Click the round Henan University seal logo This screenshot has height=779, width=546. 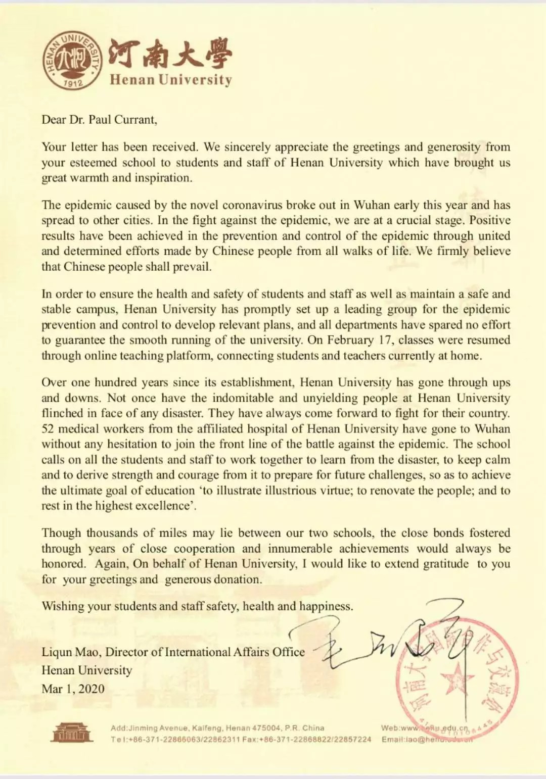[x=72, y=61]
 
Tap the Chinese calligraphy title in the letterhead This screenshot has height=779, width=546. [x=170, y=54]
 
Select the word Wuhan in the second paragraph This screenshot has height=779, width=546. [x=372, y=205]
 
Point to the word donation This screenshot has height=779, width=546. [x=238, y=579]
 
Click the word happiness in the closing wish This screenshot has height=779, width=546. [x=326, y=606]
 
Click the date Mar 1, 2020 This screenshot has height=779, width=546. [x=73, y=689]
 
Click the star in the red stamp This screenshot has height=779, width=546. [x=457, y=677]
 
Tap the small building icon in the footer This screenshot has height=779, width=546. [x=71, y=733]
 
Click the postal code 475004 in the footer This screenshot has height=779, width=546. [x=266, y=728]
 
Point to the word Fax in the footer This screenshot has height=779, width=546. [x=249, y=739]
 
